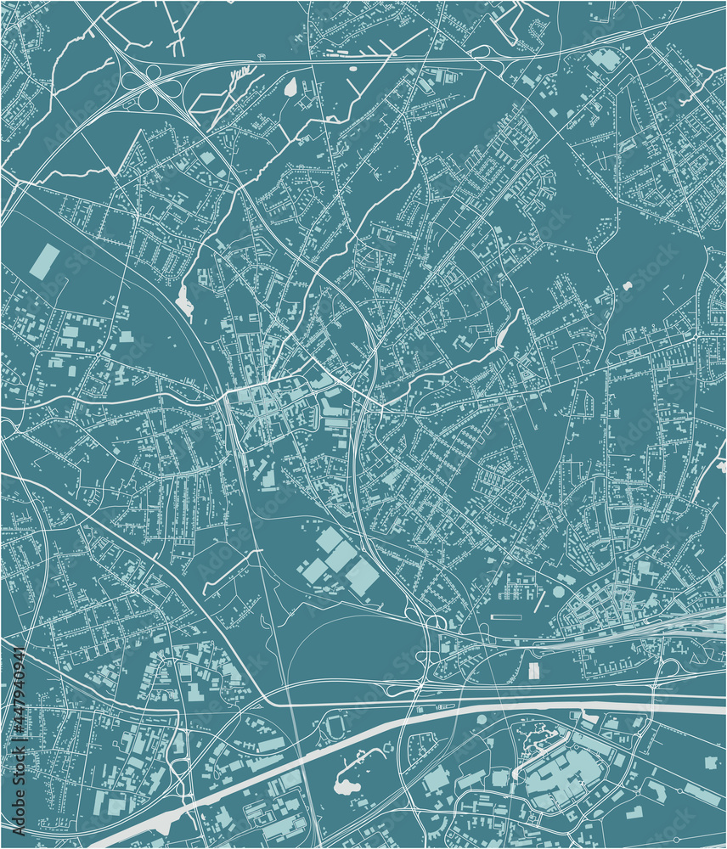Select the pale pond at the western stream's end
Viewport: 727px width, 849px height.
184,301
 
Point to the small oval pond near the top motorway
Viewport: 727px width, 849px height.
291,87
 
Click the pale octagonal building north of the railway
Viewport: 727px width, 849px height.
558,592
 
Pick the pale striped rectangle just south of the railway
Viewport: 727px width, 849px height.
533,671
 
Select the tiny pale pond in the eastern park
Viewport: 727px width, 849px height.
628,286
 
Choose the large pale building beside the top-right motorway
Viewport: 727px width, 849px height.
606,59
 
